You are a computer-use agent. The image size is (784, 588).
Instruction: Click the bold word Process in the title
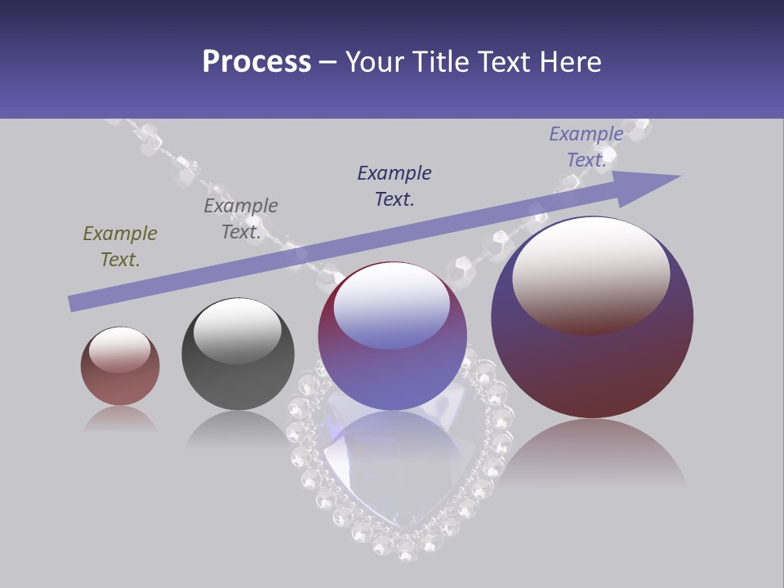tap(256, 62)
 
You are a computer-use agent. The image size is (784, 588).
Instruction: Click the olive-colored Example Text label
tap(120, 247)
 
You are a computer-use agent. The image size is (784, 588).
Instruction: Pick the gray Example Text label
tap(241, 219)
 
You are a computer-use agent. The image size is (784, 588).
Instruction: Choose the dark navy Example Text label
tap(394, 186)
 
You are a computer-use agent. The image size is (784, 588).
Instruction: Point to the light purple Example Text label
tap(586, 147)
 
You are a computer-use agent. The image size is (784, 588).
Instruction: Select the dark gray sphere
tap(238, 359)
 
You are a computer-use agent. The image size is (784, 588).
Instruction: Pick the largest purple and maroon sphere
tap(592, 359)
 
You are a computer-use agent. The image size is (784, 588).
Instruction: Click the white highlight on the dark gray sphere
tap(237, 329)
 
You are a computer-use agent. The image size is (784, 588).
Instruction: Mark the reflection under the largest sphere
tap(592, 453)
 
